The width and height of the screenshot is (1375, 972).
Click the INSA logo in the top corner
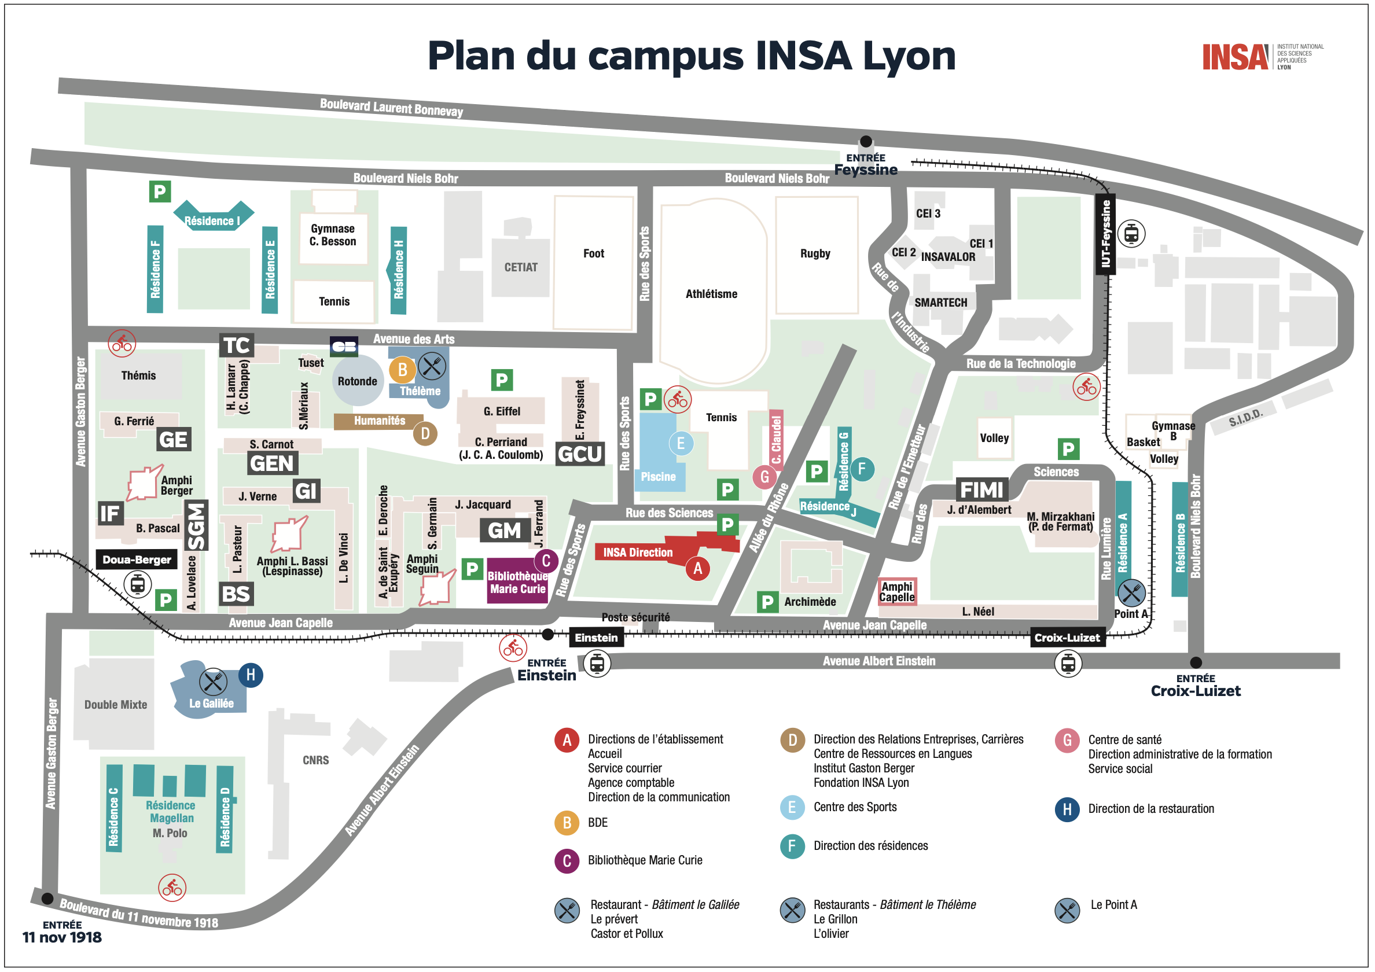pos(1236,57)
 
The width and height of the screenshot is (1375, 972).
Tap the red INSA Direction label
pos(638,552)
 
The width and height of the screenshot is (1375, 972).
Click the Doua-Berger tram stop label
pos(137,559)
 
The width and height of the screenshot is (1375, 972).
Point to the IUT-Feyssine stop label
pos(1105,234)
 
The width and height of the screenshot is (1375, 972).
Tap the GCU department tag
pos(580,454)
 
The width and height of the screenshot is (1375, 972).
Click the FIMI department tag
pos(981,490)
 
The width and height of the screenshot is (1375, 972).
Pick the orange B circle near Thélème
pos(402,370)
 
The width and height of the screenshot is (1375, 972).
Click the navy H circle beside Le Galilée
pos(251,675)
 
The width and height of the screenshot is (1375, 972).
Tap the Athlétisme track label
pos(711,294)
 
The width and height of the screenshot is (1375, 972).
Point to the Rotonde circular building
pos(358,381)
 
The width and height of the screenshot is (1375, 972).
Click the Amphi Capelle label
pos(897,592)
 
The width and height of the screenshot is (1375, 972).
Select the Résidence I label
pos(212,221)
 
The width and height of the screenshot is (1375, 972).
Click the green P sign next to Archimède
pos(767,602)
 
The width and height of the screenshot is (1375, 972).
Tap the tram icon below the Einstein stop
pos(597,664)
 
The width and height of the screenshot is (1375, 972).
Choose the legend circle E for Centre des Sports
pos(792,807)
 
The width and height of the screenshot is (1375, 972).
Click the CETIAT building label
pos(520,267)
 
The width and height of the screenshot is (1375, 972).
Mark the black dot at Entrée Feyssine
pos(866,141)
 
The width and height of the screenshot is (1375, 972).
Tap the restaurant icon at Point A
pos(1131,593)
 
